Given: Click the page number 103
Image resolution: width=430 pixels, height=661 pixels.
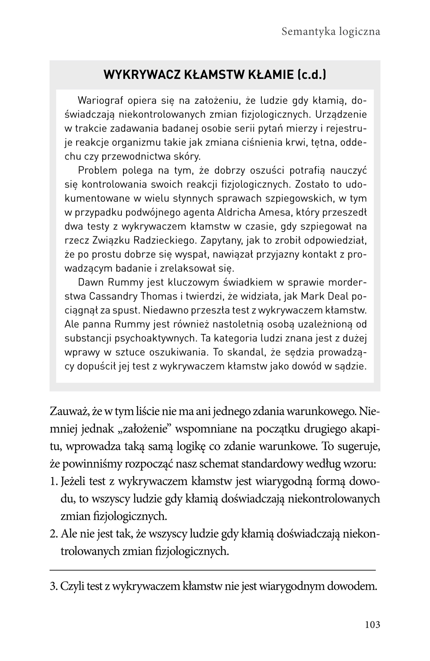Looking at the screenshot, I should click(x=373, y=624).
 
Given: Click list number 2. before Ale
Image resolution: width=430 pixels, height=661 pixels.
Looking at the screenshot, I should click(x=54, y=534).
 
